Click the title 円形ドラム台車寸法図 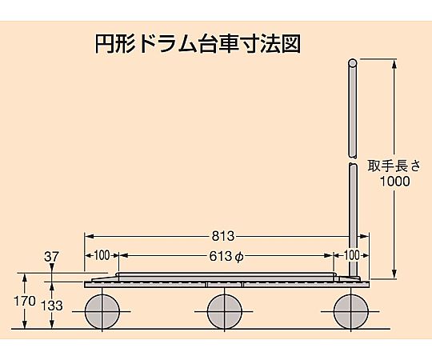click(198, 44)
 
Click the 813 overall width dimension click(223, 236)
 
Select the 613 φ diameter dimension click(226, 257)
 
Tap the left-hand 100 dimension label click(102, 256)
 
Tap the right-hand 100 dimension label click(352, 256)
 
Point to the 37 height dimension click(51, 257)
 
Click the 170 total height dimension click(25, 301)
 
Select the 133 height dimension click(52, 306)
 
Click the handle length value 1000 click(395, 181)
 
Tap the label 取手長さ click(394, 166)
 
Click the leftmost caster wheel click(102, 311)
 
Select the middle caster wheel click(225, 311)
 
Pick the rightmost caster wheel click(351, 311)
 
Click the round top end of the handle click(352, 62)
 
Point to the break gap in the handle click(352, 160)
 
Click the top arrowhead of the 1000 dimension click(394, 63)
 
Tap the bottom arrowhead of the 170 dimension click(25, 324)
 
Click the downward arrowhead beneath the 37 click(51, 267)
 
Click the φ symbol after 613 click(239, 258)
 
